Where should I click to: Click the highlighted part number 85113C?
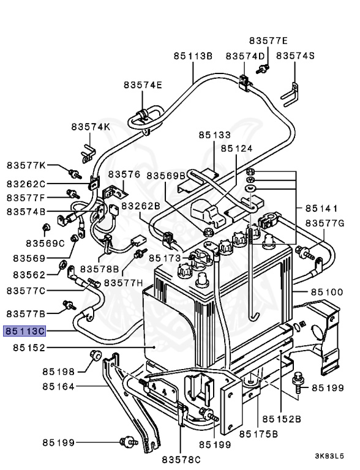click(x=24, y=331)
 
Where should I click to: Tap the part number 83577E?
click(x=268, y=40)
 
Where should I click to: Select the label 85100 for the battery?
click(x=327, y=292)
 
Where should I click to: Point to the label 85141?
click(x=321, y=208)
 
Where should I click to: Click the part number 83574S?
click(x=295, y=56)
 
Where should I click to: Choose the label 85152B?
click(x=282, y=419)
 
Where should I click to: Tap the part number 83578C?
click(x=181, y=459)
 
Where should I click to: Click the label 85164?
click(x=58, y=386)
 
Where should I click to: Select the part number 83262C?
click(x=26, y=184)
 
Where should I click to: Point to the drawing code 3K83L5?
click(x=329, y=456)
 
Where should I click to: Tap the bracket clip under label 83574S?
click(x=290, y=95)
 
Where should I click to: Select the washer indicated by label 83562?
click(x=63, y=264)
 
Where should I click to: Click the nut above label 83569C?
click(x=46, y=228)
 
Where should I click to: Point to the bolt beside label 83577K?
click(x=75, y=174)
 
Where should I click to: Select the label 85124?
click(x=237, y=148)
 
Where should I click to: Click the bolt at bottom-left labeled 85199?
click(x=129, y=442)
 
